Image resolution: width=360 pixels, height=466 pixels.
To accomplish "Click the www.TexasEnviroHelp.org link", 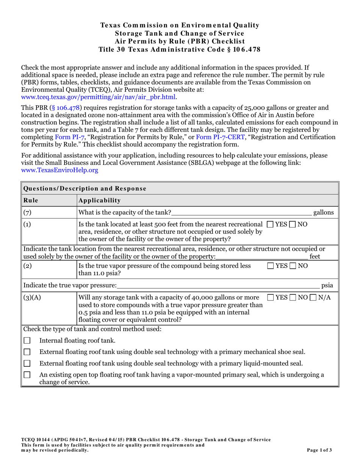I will tap(59, 170).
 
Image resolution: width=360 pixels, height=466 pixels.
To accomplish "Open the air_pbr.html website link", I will tap(98, 97).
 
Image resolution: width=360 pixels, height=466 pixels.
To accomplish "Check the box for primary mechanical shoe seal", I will tap(27, 352).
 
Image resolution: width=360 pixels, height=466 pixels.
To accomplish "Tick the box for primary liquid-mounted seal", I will tap(27, 364).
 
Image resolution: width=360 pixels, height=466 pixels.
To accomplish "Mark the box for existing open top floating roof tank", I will tap(27, 375).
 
